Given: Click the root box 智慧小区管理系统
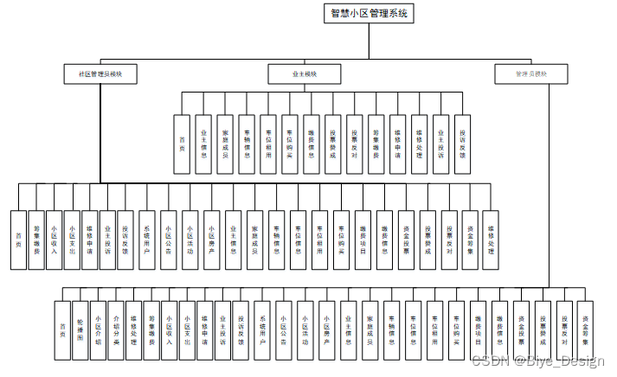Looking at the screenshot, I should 369,13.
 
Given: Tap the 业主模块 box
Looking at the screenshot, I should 304,74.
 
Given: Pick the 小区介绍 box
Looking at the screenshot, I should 98,329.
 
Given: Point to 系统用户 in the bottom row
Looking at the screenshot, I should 264,329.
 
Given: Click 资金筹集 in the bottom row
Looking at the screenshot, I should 586,329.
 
